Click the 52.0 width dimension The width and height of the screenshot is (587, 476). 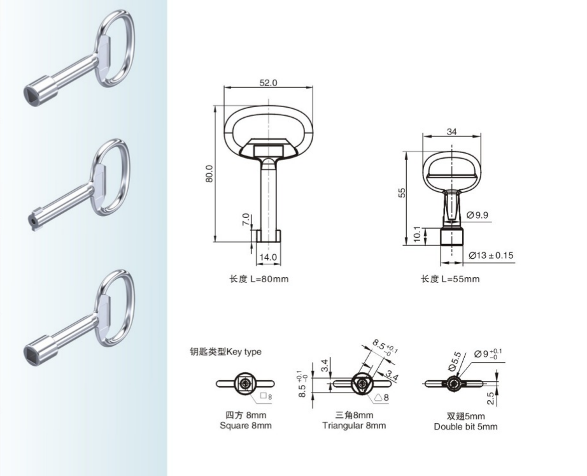click(269, 82)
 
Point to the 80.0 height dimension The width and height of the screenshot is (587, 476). click(209, 173)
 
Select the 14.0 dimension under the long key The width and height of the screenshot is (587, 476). click(269, 257)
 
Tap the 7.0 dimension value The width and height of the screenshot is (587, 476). click(246, 219)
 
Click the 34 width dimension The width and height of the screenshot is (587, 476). click(451, 131)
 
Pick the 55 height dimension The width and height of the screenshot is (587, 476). click(402, 192)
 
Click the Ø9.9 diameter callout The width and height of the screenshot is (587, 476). click(477, 215)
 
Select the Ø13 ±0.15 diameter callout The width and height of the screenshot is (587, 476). click(491, 256)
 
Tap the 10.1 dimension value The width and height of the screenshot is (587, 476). click(418, 234)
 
